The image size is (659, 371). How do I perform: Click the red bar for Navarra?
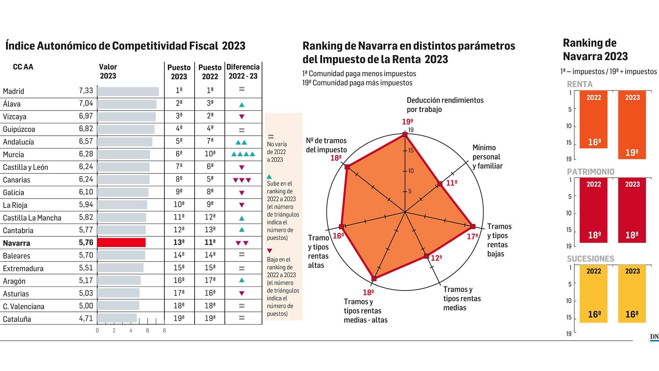click(x=121, y=243)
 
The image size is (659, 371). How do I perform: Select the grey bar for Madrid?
click(x=128, y=91)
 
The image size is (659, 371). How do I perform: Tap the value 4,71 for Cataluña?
click(x=86, y=319)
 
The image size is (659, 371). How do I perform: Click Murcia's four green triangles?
click(x=243, y=154)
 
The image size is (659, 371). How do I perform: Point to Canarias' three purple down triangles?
click(x=242, y=180)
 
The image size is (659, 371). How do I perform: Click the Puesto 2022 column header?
click(x=210, y=72)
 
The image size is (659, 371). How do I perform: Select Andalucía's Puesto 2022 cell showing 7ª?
click(x=210, y=141)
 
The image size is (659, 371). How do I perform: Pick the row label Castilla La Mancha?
click(x=32, y=218)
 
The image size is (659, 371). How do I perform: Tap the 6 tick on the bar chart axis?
click(x=148, y=331)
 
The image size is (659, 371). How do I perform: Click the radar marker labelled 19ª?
click(x=405, y=135)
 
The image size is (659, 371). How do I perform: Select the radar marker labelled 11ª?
click(x=440, y=184)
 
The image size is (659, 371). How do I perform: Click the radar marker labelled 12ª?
click(x=426, y=256)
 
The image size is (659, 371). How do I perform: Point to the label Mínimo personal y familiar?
click(x=487, y=157)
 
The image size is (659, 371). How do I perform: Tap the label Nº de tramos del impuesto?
click(x=326, y=145)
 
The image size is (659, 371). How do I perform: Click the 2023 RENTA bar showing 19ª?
click(x=632, y=125)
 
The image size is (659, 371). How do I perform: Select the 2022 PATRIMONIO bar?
click(x=593, y=210)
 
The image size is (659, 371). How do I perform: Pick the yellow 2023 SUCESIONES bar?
click(x=632, y=294)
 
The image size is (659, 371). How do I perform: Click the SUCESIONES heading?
click(x=590, y=259)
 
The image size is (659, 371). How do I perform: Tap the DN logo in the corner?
click(x=654, y=337)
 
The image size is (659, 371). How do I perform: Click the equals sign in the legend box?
click(x=270, y=137)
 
